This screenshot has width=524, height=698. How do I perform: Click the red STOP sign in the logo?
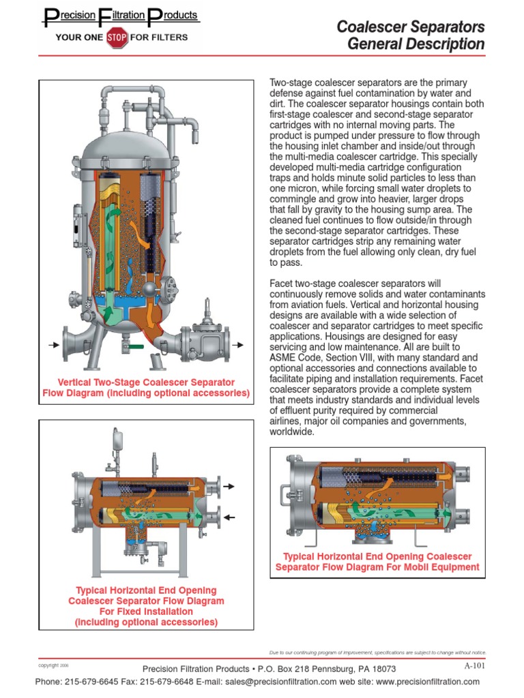[117, 37]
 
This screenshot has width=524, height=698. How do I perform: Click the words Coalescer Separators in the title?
[411, 27]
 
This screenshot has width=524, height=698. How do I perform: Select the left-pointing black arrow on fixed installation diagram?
[229, 518]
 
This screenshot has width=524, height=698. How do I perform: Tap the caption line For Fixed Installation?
[146, 611]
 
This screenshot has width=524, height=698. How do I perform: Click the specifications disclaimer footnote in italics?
[378, 652]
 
